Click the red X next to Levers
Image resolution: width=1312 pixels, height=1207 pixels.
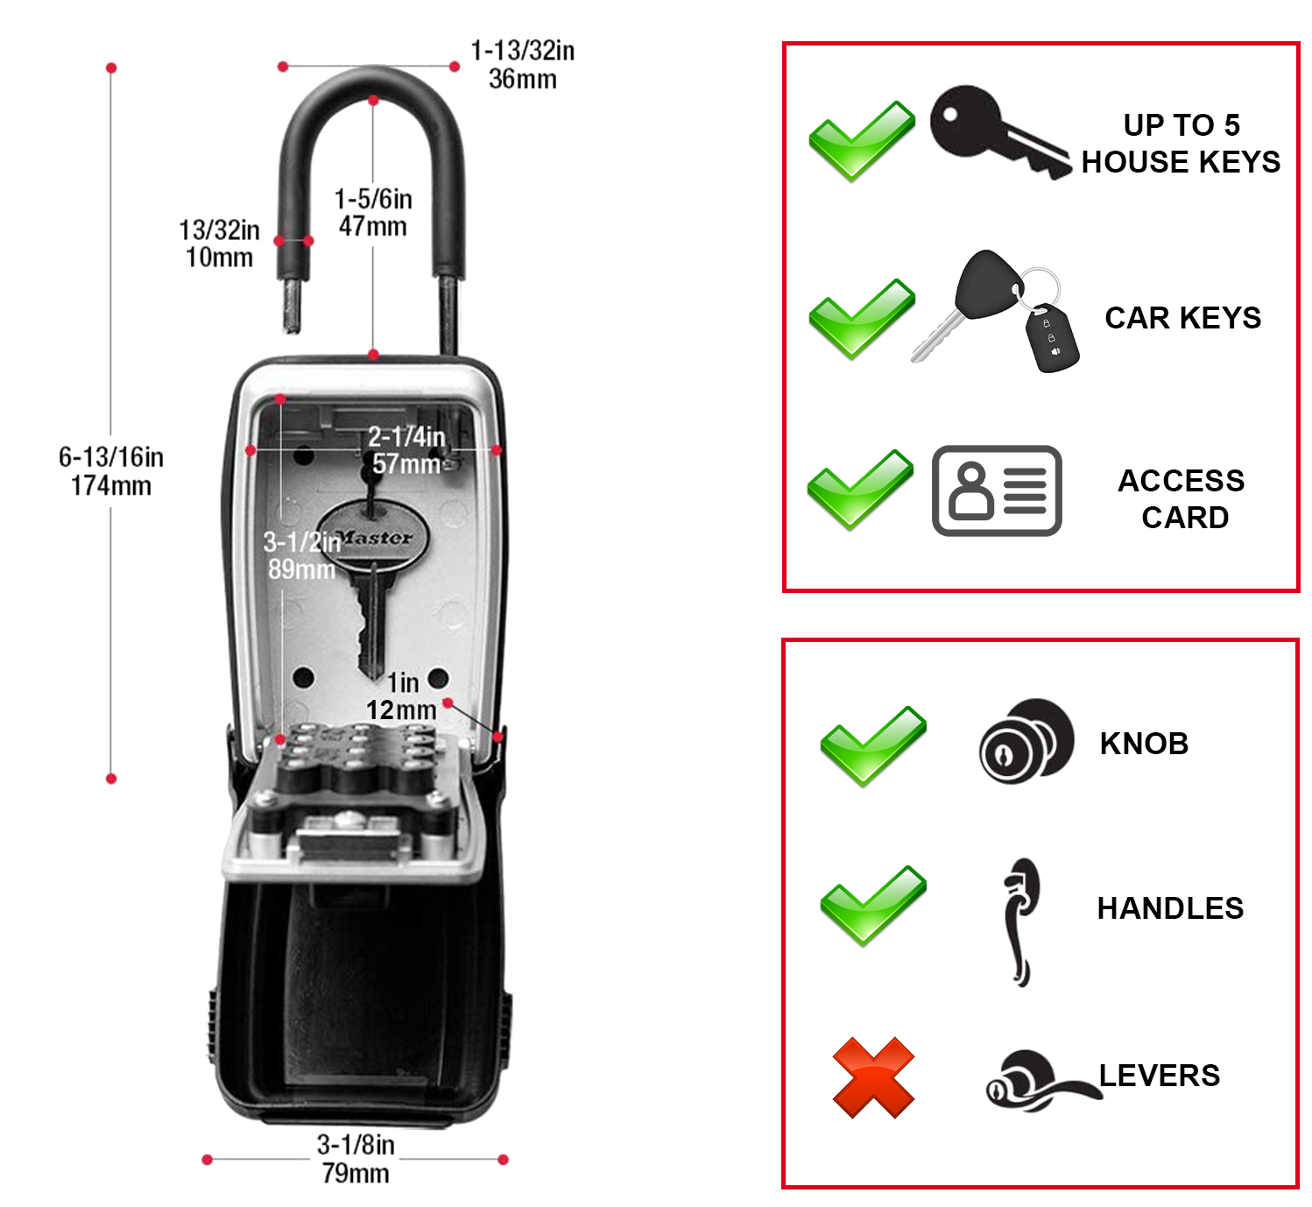(x=872, y=1077)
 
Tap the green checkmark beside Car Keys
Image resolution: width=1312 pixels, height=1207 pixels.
(x=860, y=318)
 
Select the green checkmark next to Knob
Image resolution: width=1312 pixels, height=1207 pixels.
(x=872, y=745)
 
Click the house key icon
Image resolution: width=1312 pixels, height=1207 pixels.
(x=998, y=131)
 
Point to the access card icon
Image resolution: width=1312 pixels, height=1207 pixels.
(x=997, y=491)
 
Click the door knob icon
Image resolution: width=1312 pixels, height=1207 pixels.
(x=1025, y=741)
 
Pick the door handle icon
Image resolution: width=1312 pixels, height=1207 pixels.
(x=1019, y=920)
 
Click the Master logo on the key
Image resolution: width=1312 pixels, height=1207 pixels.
(x=375, y=537)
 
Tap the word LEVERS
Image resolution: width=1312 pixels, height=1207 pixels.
(x=1160, y=1076)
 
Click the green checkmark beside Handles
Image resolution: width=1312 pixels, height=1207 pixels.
(x=872, y=906)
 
